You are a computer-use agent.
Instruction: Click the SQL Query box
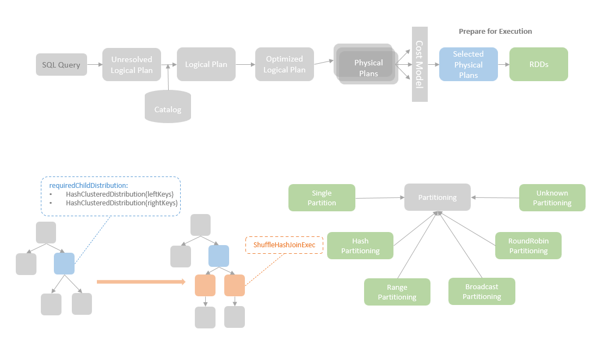click(61, 65)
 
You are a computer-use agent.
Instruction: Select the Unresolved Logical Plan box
click(132, 65)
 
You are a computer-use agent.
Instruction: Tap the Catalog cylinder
click(168, 107)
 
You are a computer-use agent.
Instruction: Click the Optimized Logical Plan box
click(284, 64)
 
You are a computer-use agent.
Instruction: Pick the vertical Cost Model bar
click(420, 64)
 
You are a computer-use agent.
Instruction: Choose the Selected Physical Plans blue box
click(468, 64)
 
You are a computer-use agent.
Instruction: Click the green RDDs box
click(538, 64)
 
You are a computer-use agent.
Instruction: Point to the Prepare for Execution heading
click(495, 32)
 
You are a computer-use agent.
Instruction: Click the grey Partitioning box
click(437, 198)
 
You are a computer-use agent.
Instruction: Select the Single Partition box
click(322, 198)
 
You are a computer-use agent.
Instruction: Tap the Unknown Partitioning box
click(552, 198)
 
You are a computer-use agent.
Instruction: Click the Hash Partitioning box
click(360, 246)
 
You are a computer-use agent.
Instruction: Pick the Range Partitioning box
click(397, 292)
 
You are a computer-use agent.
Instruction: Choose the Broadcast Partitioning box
click(482, 291)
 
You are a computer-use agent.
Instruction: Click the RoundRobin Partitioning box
click(528, 246)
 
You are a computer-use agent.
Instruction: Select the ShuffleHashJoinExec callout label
click(284, 245)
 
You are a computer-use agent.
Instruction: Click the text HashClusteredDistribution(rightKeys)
click(122, 203)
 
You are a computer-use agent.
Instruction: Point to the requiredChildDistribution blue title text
click(88, 186)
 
